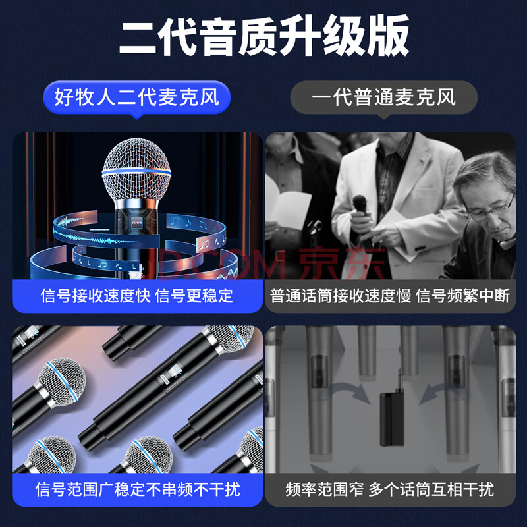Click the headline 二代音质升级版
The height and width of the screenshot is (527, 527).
(264, 36)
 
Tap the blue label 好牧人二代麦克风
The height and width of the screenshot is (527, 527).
(137, 97)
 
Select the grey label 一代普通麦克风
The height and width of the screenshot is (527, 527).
(383, 97)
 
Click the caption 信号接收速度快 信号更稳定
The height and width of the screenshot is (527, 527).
(137, 296)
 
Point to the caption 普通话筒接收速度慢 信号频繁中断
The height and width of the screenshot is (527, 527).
(390, 296)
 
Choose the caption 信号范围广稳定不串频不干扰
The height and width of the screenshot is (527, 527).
(138, 489)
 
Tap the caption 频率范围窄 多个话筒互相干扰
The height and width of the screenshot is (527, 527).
(390, 489)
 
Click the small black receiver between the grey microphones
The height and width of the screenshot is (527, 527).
(393, 419)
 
